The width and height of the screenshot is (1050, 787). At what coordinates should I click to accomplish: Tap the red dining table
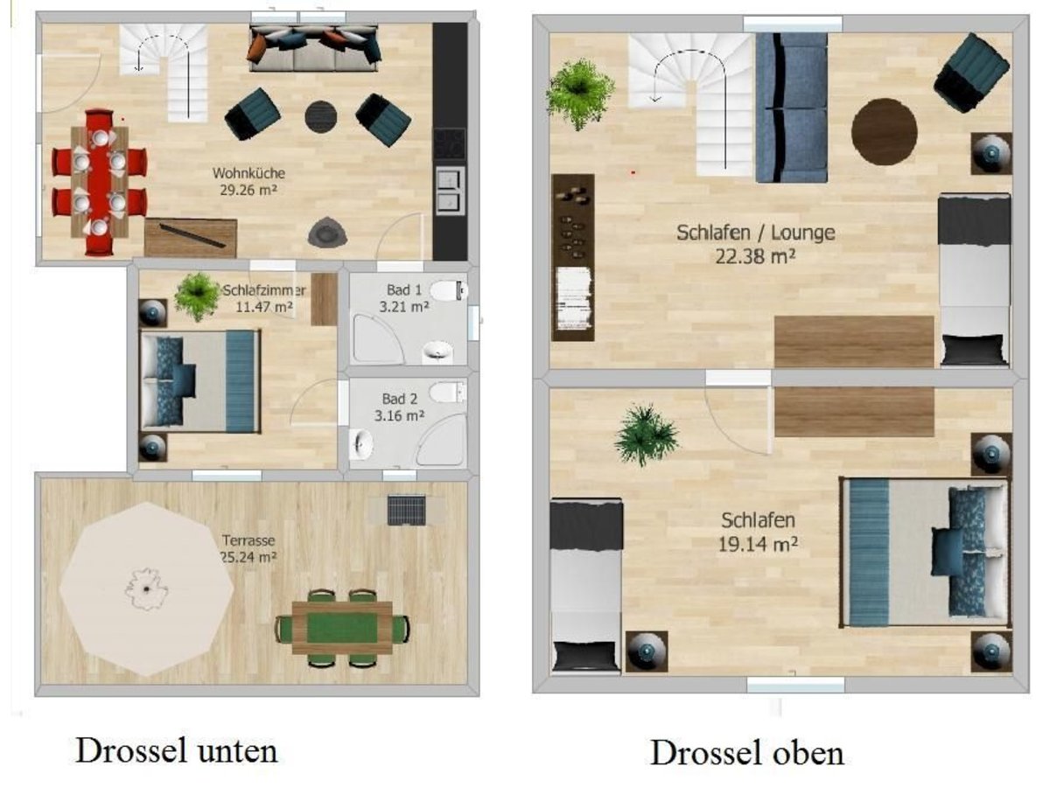[99, 183]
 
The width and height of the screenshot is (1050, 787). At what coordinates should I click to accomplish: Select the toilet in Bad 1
[448, 290]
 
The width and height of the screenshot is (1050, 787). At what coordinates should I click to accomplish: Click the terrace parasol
[146, 589]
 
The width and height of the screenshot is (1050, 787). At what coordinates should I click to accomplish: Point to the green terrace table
[341, 627]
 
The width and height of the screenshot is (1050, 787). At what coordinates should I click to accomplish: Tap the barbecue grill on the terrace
[406, 511]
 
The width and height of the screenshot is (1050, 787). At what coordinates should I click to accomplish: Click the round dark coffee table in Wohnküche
[320, 116]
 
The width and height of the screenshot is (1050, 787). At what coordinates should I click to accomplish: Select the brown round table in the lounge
[884, 131]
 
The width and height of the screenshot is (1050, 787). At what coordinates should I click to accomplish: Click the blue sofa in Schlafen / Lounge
[792, 108]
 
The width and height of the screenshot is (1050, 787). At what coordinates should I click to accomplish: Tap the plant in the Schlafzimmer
[197, 296]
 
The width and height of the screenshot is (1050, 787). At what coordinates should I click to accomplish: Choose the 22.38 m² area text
[755, 257]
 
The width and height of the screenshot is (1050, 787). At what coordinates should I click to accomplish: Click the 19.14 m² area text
[759, 544]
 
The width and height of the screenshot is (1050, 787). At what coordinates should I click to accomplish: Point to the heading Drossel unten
[177, 750]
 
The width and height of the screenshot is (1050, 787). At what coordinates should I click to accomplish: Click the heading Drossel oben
[746, 753]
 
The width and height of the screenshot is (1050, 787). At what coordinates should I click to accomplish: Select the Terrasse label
[248, 540]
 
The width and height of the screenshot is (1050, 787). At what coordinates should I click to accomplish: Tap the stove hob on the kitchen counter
[449, 143]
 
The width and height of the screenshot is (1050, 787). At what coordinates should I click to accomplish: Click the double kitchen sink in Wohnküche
[450, 191]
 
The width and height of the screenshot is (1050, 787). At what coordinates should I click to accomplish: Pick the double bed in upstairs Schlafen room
[926, 553]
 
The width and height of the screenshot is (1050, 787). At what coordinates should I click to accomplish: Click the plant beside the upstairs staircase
[580, 94]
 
